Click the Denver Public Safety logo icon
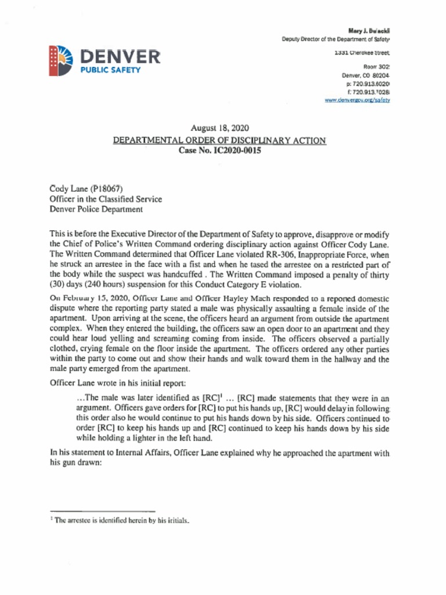point(60,60)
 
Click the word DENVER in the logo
point(119,57)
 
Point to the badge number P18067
point(105,188)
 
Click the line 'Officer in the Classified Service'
point(106,199)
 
